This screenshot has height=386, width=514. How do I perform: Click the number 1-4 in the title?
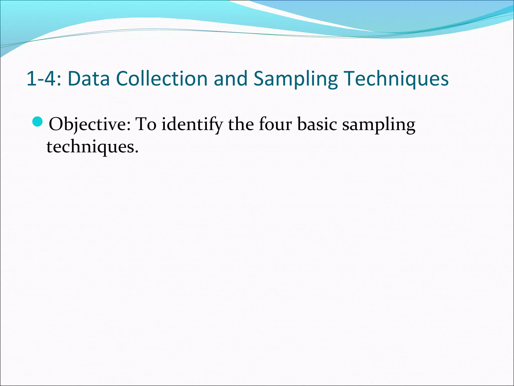41,79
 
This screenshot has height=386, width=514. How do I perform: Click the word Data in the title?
89,79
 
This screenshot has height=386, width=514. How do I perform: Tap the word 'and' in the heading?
230,79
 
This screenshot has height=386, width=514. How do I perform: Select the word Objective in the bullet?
88,125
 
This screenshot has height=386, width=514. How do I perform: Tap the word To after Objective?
146,124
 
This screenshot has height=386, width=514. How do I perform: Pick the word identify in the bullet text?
192,125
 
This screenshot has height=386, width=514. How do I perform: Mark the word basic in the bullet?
317,124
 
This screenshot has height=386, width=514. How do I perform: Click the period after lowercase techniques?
137,152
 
